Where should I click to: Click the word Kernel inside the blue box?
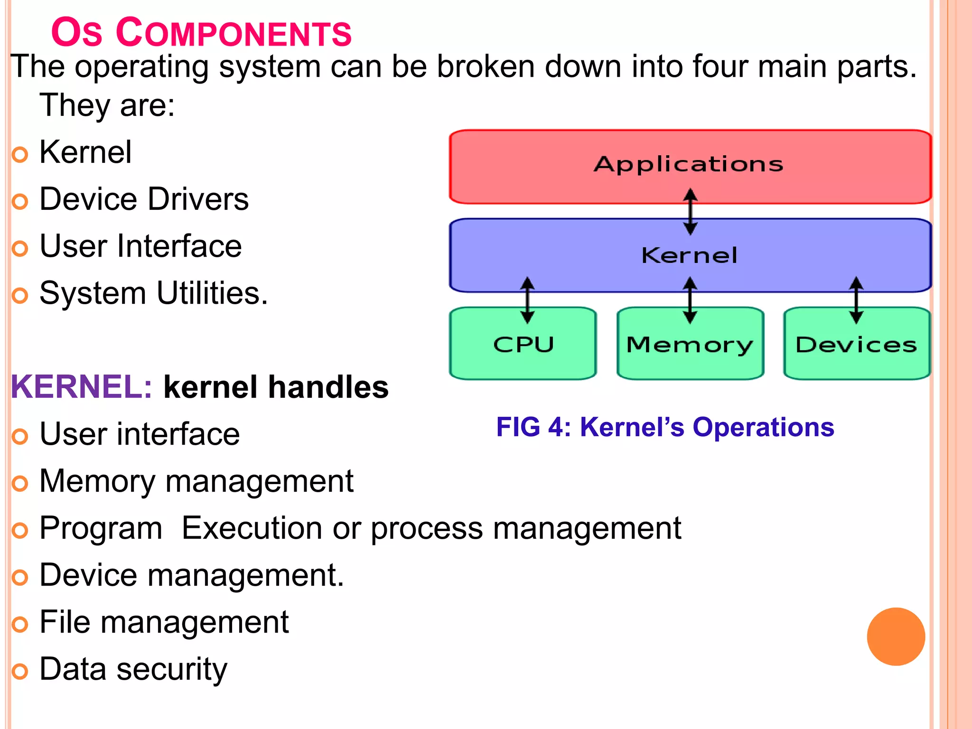[689, 256]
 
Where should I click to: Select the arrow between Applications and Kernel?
[690, 212]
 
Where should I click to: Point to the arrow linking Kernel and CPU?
[527, 300]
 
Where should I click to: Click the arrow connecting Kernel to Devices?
[856, 300]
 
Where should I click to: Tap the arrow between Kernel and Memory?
[690, 300]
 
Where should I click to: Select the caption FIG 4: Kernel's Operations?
[664, 427]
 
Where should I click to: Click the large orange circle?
[896, 636]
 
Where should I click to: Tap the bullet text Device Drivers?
[144, 199]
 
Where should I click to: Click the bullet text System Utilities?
[153, 293]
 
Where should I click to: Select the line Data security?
[133, 669]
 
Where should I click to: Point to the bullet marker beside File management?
[20, 625]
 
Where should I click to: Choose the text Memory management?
[196, 481]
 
